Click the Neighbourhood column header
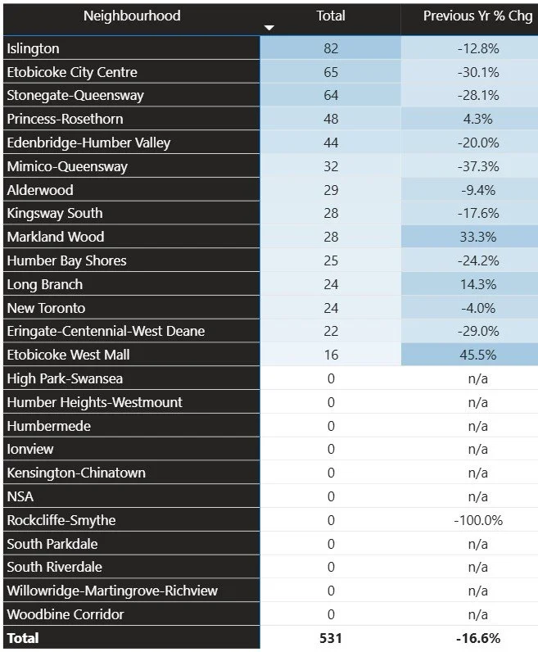132,16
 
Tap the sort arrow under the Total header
269,29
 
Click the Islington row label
35,48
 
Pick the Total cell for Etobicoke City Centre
331,72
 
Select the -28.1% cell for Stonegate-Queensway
477,96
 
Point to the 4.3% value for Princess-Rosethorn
477,119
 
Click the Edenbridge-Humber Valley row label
88,143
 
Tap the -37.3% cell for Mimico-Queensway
477,166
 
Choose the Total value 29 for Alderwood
331,190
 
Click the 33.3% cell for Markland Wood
477,237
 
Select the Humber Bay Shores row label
66,260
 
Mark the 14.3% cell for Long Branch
477,284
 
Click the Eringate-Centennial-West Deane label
106,331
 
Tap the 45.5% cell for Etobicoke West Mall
477,355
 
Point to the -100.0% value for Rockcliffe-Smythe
477,520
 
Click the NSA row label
20,496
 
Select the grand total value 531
331,638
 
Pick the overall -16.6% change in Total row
477,638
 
